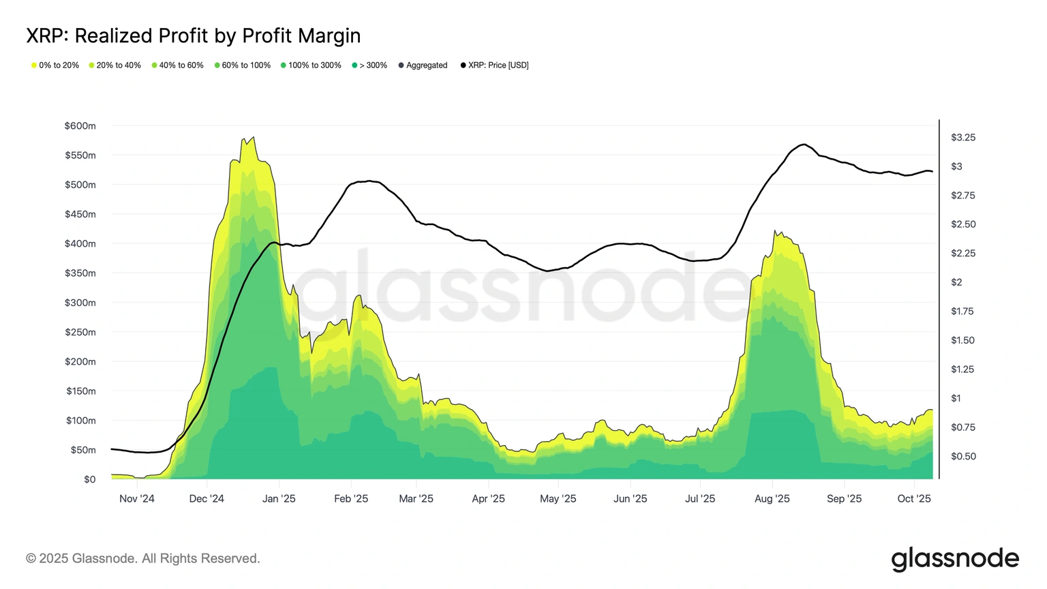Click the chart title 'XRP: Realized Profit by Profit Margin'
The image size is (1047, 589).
point(193,35)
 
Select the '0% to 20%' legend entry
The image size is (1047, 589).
point(56,65)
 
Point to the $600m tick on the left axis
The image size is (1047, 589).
point(80,126)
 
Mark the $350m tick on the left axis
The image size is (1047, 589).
point(80,273)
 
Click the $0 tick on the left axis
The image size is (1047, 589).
point(90,479)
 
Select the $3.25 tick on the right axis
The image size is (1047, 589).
point(962,138)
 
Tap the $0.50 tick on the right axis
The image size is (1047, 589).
point(962,456)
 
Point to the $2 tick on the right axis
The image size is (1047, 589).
point(956,282)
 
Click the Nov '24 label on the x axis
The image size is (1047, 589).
point(137,499)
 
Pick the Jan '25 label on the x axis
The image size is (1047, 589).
point(279,499)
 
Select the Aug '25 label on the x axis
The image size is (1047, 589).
point(772,499)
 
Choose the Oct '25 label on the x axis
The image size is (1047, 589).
point(913,499)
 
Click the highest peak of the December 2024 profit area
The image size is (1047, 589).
point(254,137)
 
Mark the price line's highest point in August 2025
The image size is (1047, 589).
point(804,145)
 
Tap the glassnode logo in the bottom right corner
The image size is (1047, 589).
point(954,558)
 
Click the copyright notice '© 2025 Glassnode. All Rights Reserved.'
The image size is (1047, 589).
point(143,558)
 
